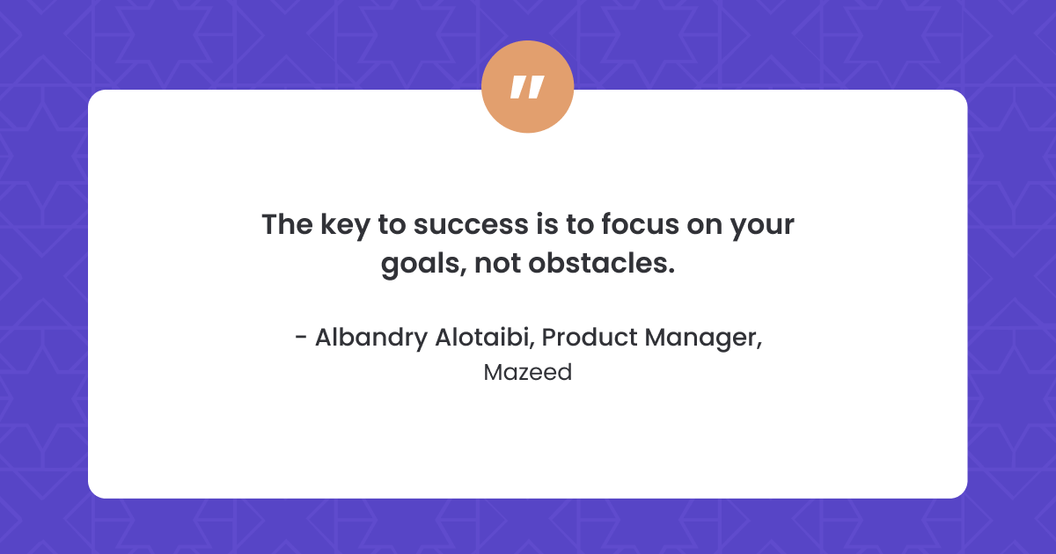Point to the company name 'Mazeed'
pyautogui.click(x=527, y=373)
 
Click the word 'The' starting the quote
pyautogui.click(x=282, y=225)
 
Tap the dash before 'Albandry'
pyautogui.click(x=302, y=339)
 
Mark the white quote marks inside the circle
pyautogui.click(x=527, y=87)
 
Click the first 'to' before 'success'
pyautogui.click(x=390, y=225)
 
